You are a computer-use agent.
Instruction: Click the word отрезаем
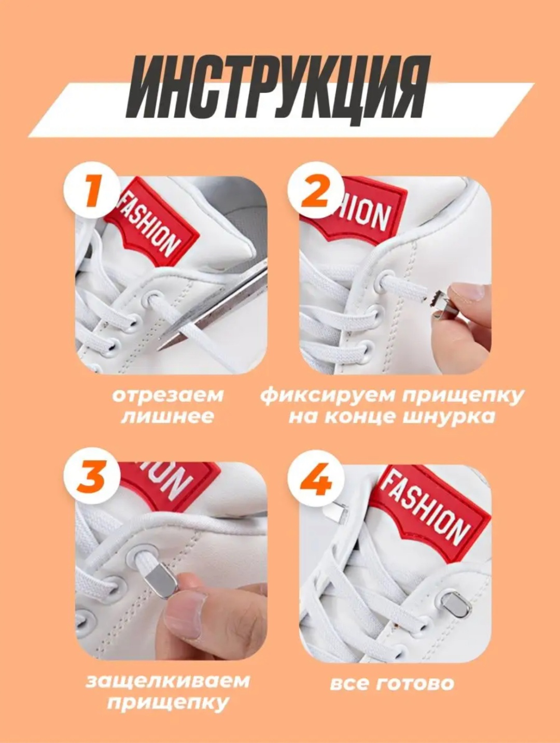click(167, 395)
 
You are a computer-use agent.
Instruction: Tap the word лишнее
click(167, 417)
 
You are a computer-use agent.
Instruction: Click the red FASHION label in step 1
click(151, 223)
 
